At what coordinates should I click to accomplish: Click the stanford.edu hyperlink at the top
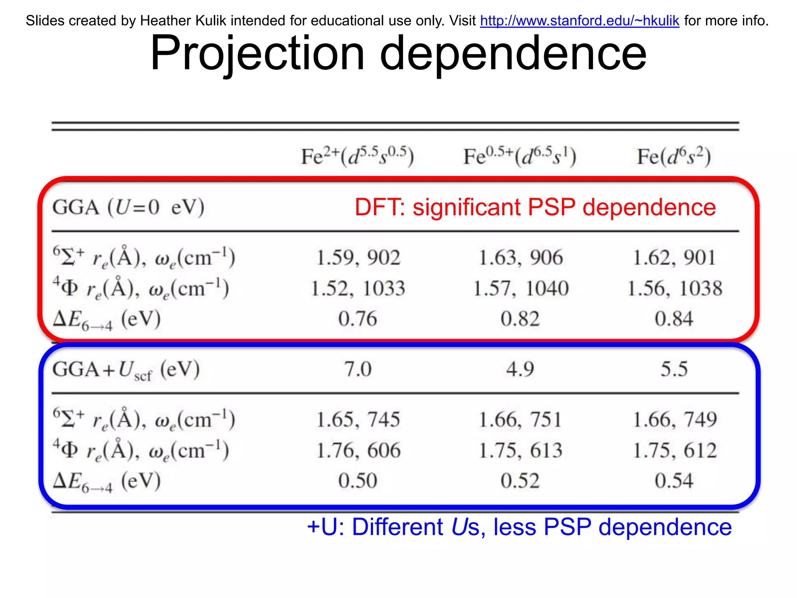[579, 21]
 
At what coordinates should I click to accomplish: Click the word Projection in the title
[257, 53]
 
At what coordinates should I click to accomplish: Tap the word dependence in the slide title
[513, 53]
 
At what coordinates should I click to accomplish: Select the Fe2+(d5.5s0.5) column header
[357, 157]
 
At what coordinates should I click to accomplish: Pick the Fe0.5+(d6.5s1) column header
[520, 157]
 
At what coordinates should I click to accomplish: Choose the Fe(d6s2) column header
[674, 157]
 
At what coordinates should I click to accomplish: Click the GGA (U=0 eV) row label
[128, 207]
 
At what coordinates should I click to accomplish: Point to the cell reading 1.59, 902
[358, 258]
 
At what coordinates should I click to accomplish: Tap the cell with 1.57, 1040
[521, 288]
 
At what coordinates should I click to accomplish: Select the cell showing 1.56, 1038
[675, 288]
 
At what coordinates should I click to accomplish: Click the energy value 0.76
[358, 319]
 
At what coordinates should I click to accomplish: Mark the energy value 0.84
[674, 319]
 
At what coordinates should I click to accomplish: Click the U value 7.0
[358, 369]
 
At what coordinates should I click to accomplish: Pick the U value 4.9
[520, 369]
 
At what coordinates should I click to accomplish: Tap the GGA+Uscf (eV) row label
[126, 370]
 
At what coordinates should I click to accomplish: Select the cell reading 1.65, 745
[358, 420]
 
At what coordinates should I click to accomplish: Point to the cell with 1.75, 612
[675, 450]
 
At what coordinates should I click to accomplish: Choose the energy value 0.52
[520, 480]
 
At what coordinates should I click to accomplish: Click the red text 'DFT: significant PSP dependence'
[535, 207]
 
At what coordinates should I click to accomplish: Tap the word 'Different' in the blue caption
[397, 527]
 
